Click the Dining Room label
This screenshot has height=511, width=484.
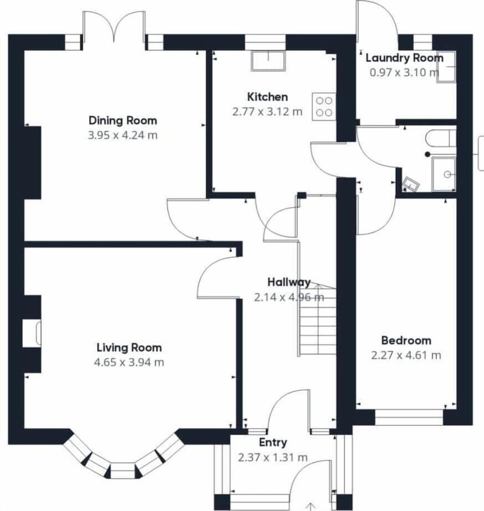123,121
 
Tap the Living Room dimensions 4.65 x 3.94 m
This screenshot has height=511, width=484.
129,362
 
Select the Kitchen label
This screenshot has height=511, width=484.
267,97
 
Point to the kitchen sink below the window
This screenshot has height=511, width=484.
268,60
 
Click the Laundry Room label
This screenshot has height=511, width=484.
404,58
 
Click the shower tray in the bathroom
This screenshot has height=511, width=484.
444,174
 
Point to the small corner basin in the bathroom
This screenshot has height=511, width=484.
411,185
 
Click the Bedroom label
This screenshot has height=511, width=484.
406,340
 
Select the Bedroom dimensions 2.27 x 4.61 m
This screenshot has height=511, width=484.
406,355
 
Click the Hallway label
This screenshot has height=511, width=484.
289,282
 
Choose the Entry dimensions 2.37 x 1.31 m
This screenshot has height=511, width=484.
273,458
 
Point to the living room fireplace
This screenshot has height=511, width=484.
31,334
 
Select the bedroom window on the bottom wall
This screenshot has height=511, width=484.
409,417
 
